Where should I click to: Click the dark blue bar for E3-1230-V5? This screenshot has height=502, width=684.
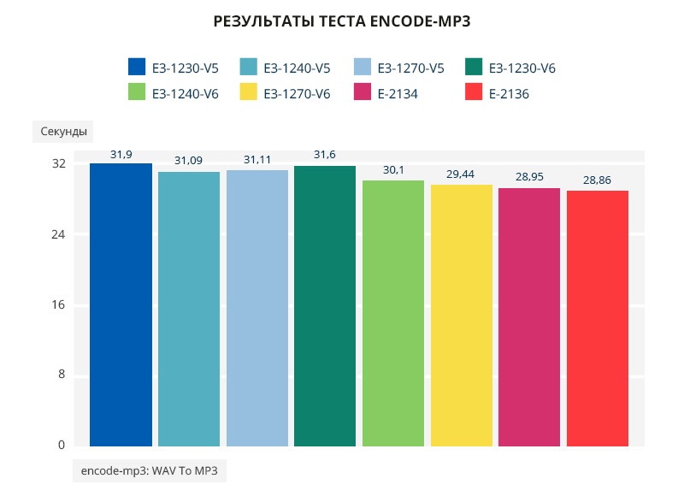point(121,304)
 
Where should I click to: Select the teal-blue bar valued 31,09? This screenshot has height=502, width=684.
point(189,309)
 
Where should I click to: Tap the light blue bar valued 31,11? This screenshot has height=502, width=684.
point(256,308)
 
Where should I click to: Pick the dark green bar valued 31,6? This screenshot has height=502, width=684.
point(325,306)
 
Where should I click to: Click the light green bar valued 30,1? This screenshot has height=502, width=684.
point(393,313)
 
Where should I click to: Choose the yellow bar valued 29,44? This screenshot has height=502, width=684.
point(461,316)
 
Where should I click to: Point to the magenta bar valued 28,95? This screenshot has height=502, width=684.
point(529,317)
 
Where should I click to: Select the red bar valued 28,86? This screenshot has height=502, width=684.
point(597,318)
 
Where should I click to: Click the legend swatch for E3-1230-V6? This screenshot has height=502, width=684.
point(475,68)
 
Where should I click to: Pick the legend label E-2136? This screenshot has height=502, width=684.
point(510,94)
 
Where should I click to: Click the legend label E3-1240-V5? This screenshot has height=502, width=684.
point(297,68)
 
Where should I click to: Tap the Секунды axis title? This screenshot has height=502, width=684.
point(63,132)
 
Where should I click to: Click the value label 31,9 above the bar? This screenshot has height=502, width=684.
point(121,154)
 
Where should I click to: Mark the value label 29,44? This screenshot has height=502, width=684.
point(461,174)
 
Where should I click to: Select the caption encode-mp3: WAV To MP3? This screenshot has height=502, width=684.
point(150,470)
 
